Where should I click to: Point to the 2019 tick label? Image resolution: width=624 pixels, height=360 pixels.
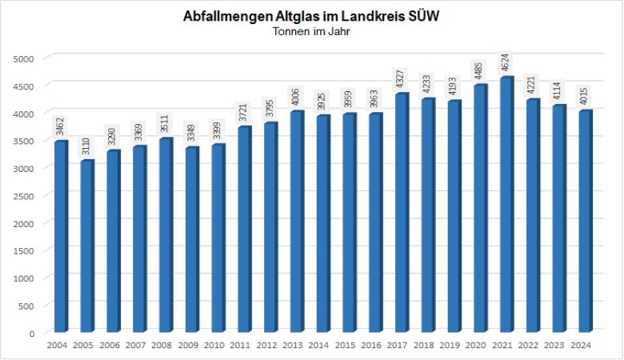[453, 346]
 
